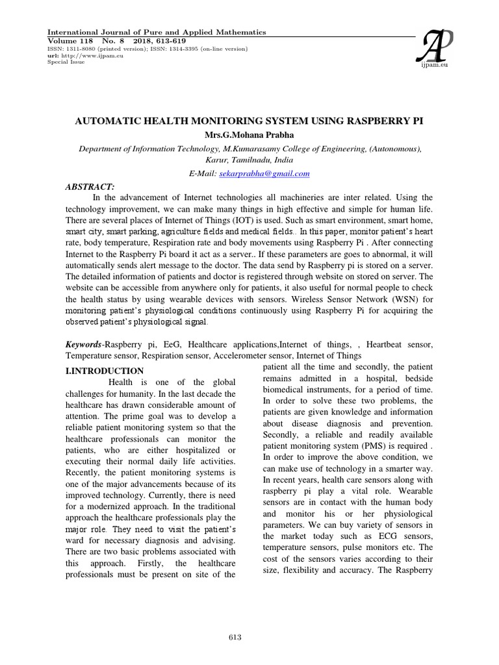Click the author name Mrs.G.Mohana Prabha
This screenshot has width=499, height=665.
(x=250, y=135)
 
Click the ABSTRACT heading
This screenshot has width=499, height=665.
(x=90, y=186)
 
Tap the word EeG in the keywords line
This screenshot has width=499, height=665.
(x=162, y=344)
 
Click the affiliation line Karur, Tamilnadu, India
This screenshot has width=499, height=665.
(x=250, y=160)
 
